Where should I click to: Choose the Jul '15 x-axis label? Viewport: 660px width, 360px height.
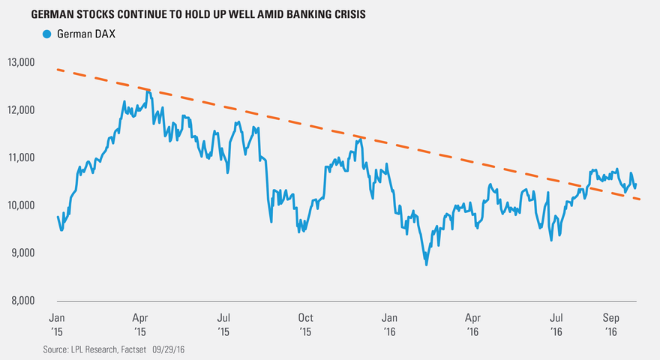click(x=223, y=323)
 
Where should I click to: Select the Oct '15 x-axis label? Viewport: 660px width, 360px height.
click(x=305, y=323)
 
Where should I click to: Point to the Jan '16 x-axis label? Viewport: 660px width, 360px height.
click(x=389, y=323)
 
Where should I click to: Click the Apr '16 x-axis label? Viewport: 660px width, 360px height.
click(x=472, y=323)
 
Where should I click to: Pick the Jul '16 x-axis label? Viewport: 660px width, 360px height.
click(x=556, y=323)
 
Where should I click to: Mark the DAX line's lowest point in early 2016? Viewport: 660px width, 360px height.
click(x=426, y=264)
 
